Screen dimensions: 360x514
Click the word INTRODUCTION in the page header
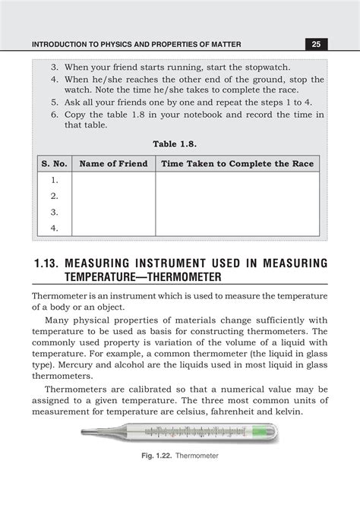pyautogui.click(x=64, y=45)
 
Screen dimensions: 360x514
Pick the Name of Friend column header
pyautogui.click(x=113, y=164)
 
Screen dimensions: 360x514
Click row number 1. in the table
pyautogui.click(x=54, y=181)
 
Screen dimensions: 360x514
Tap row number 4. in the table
pyautogui.click(x=54, y=227)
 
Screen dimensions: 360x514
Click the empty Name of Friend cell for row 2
pyautogui.click(x=113, y=197)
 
